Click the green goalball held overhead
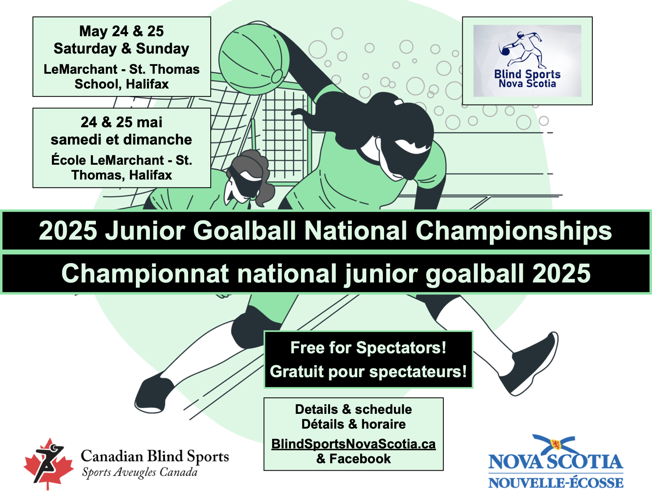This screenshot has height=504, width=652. point(254,59)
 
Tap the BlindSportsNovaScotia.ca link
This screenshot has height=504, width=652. point(354,444)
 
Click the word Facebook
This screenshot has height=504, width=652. point(360,459)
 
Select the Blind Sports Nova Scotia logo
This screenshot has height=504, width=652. point(527,61)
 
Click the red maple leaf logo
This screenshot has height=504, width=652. point(49,464)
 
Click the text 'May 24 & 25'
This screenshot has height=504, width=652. point(121,31)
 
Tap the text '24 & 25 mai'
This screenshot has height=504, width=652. point(121,122)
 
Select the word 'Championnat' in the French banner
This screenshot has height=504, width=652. point(145,273)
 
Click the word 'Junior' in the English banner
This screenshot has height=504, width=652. point(145,231)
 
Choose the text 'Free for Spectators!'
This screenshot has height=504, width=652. point(368,348)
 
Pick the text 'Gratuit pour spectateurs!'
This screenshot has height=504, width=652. point(368,372)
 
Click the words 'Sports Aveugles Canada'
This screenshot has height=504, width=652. point(140,472)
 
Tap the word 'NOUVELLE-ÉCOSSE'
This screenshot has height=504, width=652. point(556,483)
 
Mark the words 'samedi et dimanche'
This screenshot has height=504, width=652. point(121,140)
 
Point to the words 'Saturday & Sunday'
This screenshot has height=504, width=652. point(121,49)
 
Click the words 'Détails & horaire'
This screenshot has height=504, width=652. point(354,424)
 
